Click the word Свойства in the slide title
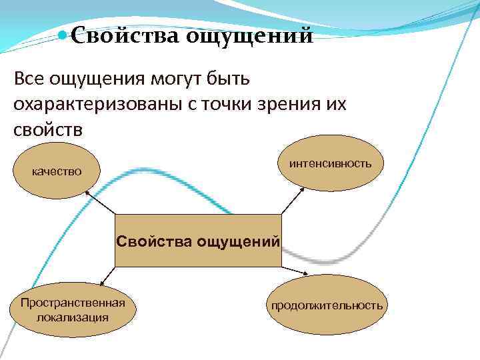123,34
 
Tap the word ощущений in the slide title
249,35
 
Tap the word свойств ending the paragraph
48,128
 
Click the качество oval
57,171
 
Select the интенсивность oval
331,163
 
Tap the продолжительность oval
327,305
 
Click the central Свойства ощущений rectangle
198,241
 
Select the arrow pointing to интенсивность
292,200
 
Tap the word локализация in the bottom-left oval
73,317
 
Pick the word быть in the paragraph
228,80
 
